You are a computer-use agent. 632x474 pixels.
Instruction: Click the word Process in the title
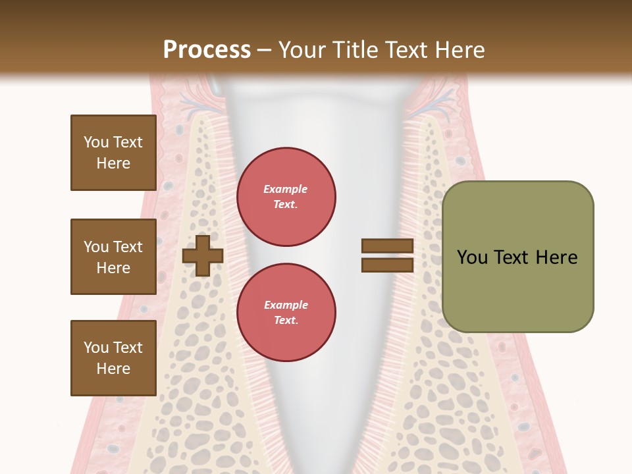207,50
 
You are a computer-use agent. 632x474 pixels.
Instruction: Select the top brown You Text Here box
113,153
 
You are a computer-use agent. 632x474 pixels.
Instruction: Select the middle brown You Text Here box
113,257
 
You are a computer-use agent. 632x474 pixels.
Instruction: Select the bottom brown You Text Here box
113,357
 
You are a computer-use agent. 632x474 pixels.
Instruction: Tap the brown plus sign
202,255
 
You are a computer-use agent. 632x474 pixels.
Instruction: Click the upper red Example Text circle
286,197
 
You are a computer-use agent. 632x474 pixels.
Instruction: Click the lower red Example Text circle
286,312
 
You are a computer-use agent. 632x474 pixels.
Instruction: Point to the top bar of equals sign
387,246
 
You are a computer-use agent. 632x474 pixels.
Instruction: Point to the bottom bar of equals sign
387,265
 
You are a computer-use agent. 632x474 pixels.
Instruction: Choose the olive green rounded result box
517,256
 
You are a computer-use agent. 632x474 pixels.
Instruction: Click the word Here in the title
459,50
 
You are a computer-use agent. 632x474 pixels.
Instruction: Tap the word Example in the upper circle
285,189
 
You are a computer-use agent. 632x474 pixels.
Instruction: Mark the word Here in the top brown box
113,163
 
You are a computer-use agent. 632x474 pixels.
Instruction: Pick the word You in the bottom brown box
96,348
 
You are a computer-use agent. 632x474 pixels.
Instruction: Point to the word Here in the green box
556,257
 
